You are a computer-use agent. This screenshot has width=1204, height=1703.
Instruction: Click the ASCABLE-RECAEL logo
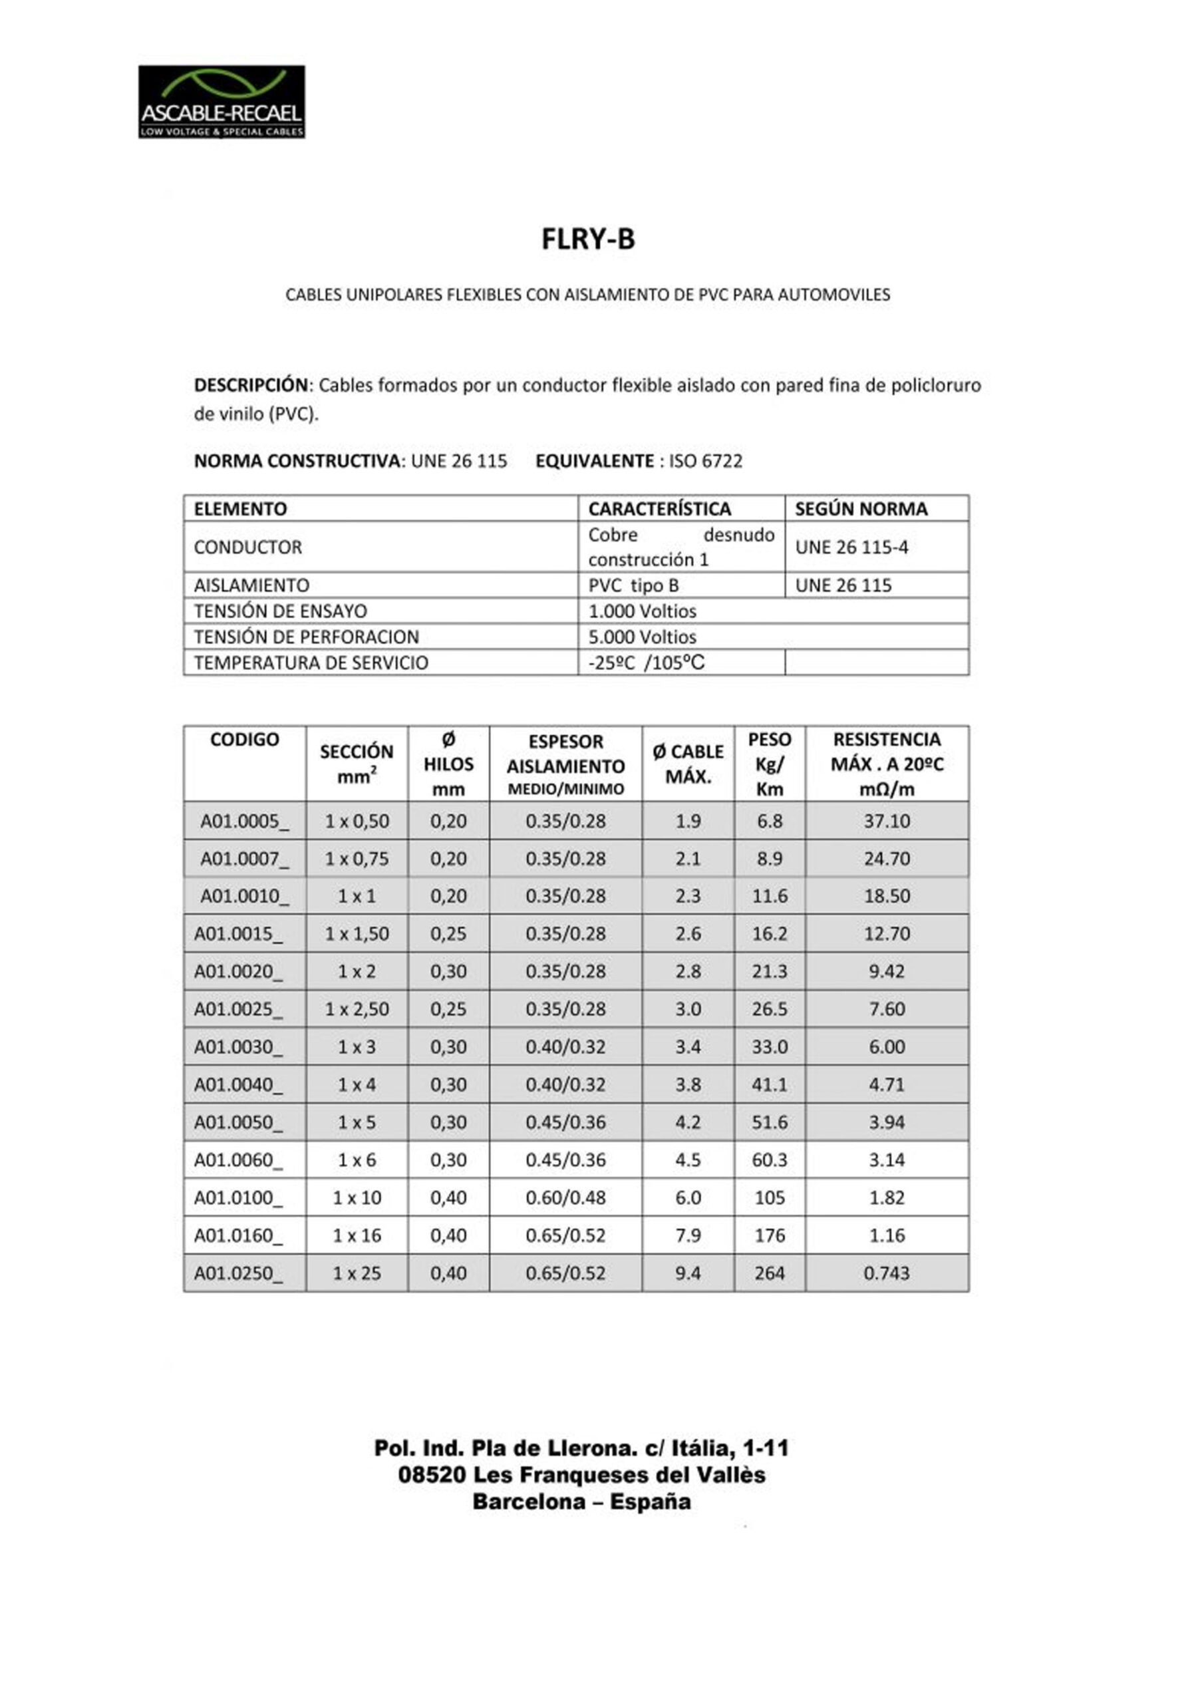pos(221,102)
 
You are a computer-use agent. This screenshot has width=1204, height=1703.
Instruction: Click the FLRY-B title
pos(587,239)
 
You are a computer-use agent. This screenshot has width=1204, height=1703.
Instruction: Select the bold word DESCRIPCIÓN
pos(251,385)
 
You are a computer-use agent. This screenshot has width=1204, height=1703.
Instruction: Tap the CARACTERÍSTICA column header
pos(659,509)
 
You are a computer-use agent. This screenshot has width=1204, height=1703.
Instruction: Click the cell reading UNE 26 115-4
pos(851,547)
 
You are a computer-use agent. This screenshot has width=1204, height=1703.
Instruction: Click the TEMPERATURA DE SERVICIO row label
pos(311,663)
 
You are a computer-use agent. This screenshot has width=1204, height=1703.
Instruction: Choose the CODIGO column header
pos(244,740)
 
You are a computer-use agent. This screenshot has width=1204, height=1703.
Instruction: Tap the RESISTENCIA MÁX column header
pos(887,763)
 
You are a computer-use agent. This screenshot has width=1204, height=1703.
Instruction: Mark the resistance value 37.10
pos(887,821)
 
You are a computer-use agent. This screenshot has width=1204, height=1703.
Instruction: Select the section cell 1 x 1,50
pos(356,933)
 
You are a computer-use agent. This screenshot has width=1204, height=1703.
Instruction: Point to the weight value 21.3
pos(769,971)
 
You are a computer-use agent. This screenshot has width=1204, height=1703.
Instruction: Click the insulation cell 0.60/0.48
pos(565,1197)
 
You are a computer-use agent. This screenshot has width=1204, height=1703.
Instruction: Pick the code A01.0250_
pos(238,1273)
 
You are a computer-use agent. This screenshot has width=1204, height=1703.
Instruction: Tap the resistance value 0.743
pos(887,1273)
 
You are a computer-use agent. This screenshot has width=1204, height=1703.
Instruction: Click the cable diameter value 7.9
pos(688,1235)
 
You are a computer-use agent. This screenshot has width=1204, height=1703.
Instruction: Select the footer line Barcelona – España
pos(581,1502)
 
